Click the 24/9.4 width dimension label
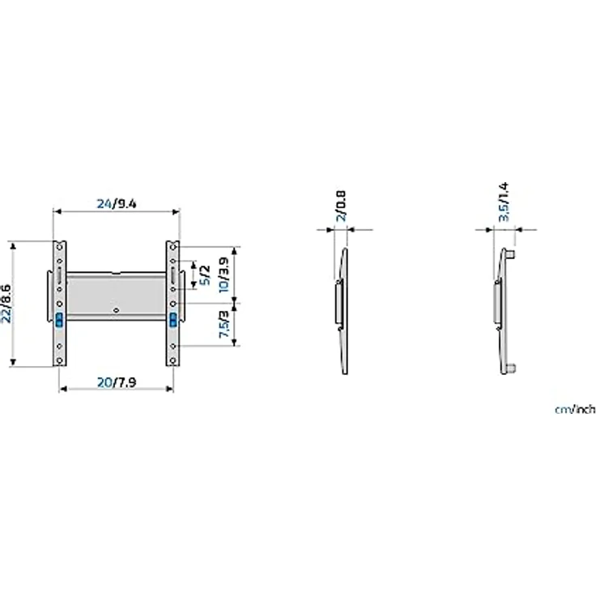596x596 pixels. (x=117, y=204)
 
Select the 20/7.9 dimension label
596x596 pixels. (x=117, y=382)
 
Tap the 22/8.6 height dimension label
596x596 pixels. (x=6, y=304)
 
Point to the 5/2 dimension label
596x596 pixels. (x=205, y=275)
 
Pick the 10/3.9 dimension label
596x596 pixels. (x=223, y=275)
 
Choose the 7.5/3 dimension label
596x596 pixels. (x=223, y=324)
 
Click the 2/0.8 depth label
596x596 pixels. (x=341, y=206)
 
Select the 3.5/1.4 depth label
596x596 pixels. (x=503, y=202)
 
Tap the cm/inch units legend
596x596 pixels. (x=575, y=410)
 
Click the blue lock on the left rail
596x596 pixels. (x=59, y=320)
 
